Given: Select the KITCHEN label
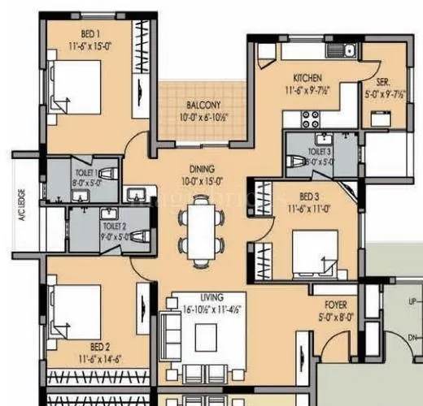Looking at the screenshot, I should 308,78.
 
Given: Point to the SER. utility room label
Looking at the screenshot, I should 382,82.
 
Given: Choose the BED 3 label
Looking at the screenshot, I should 310,197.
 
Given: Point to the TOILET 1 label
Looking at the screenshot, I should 86,173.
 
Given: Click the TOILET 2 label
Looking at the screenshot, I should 113,227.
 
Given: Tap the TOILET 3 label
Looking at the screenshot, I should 319,151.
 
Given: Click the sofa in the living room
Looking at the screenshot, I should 172,339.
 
